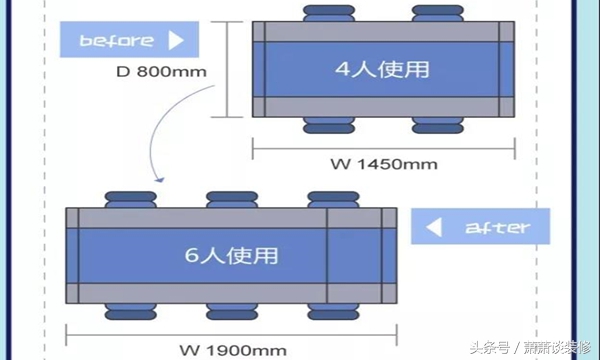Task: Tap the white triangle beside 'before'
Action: [x=177, y=41]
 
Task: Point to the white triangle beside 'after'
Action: [x=434, y=227]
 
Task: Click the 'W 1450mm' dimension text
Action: [x=385, y=162]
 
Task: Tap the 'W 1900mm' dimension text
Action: [x=234, y=349]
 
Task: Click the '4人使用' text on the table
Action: [x=382, y=69]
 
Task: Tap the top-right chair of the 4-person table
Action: [x=439, y=14]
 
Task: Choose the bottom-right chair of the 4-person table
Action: [x=439, y=124]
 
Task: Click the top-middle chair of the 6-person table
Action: [x=231, y=200]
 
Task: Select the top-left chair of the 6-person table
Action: [x=130, y=200]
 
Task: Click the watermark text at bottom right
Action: [x=533, y=346]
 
